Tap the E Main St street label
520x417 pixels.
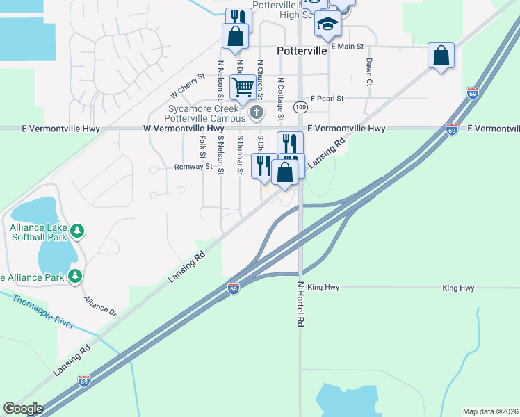[348, 47]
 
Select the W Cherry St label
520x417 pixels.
[188, 86]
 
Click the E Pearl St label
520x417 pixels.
[327, 99]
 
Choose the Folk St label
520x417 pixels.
[202, 147]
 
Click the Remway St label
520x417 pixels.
[193, 167]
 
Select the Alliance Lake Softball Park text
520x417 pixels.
[39, 231]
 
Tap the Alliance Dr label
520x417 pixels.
[101, 306]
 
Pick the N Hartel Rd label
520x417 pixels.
[301, 304]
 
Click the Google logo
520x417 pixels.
[23, 409]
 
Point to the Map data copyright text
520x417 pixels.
[491, 411]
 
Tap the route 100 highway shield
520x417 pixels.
[300, 107]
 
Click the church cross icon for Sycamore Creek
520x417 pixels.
[257, 112]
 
